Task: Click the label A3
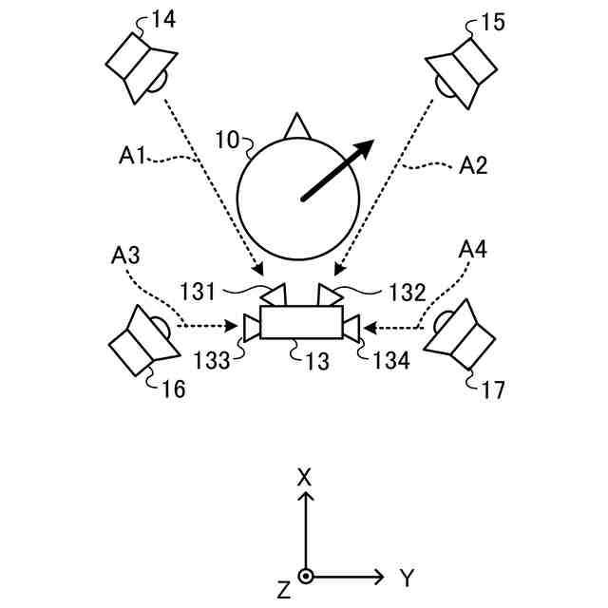point(126,254)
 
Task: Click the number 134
point(390,360)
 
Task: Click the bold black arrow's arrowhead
point(363,150)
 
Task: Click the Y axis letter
point(407,577)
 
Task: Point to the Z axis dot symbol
point(305,577)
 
